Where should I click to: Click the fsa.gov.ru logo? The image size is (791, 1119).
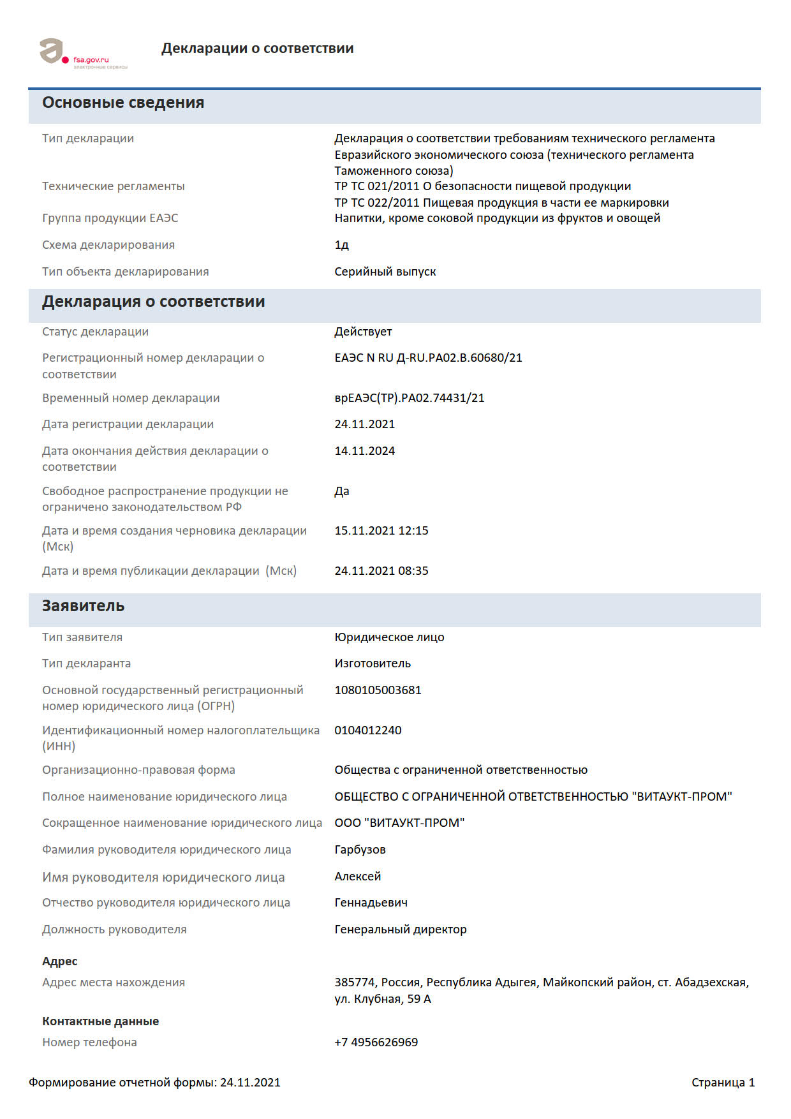pos(83,54)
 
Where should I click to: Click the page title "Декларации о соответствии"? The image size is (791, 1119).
pos(257,48)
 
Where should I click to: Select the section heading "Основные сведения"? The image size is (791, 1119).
pos(123,103)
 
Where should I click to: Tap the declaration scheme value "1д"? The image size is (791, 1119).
pos(341,245)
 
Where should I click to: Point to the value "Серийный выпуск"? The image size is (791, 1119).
pos(385,272)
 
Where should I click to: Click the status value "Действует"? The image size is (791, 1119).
pos(363,332)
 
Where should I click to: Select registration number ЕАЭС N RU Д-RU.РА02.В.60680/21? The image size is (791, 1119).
pos(428,358)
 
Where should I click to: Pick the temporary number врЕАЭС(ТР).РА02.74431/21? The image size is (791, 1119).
pos(409,398)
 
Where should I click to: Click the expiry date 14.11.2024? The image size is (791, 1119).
pos(364,451)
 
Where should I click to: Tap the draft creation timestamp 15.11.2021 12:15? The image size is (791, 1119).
pos(381,531)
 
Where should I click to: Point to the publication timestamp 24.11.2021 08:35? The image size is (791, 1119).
pos(381,571)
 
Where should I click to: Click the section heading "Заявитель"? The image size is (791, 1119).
pos(83,606)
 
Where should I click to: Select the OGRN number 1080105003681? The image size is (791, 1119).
pos(378,690)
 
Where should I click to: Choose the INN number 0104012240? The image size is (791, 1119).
pos(367,730)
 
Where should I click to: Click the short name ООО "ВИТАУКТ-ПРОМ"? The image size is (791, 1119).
pos(399,823)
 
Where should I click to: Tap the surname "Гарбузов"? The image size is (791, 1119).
pos(360,850)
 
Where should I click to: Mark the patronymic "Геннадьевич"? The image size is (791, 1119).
pos(371,903)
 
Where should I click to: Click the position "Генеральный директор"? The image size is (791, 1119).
pos(400,930)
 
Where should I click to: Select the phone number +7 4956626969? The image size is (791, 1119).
pos(376,1042)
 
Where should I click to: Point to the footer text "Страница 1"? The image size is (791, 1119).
pos(723,1083)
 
